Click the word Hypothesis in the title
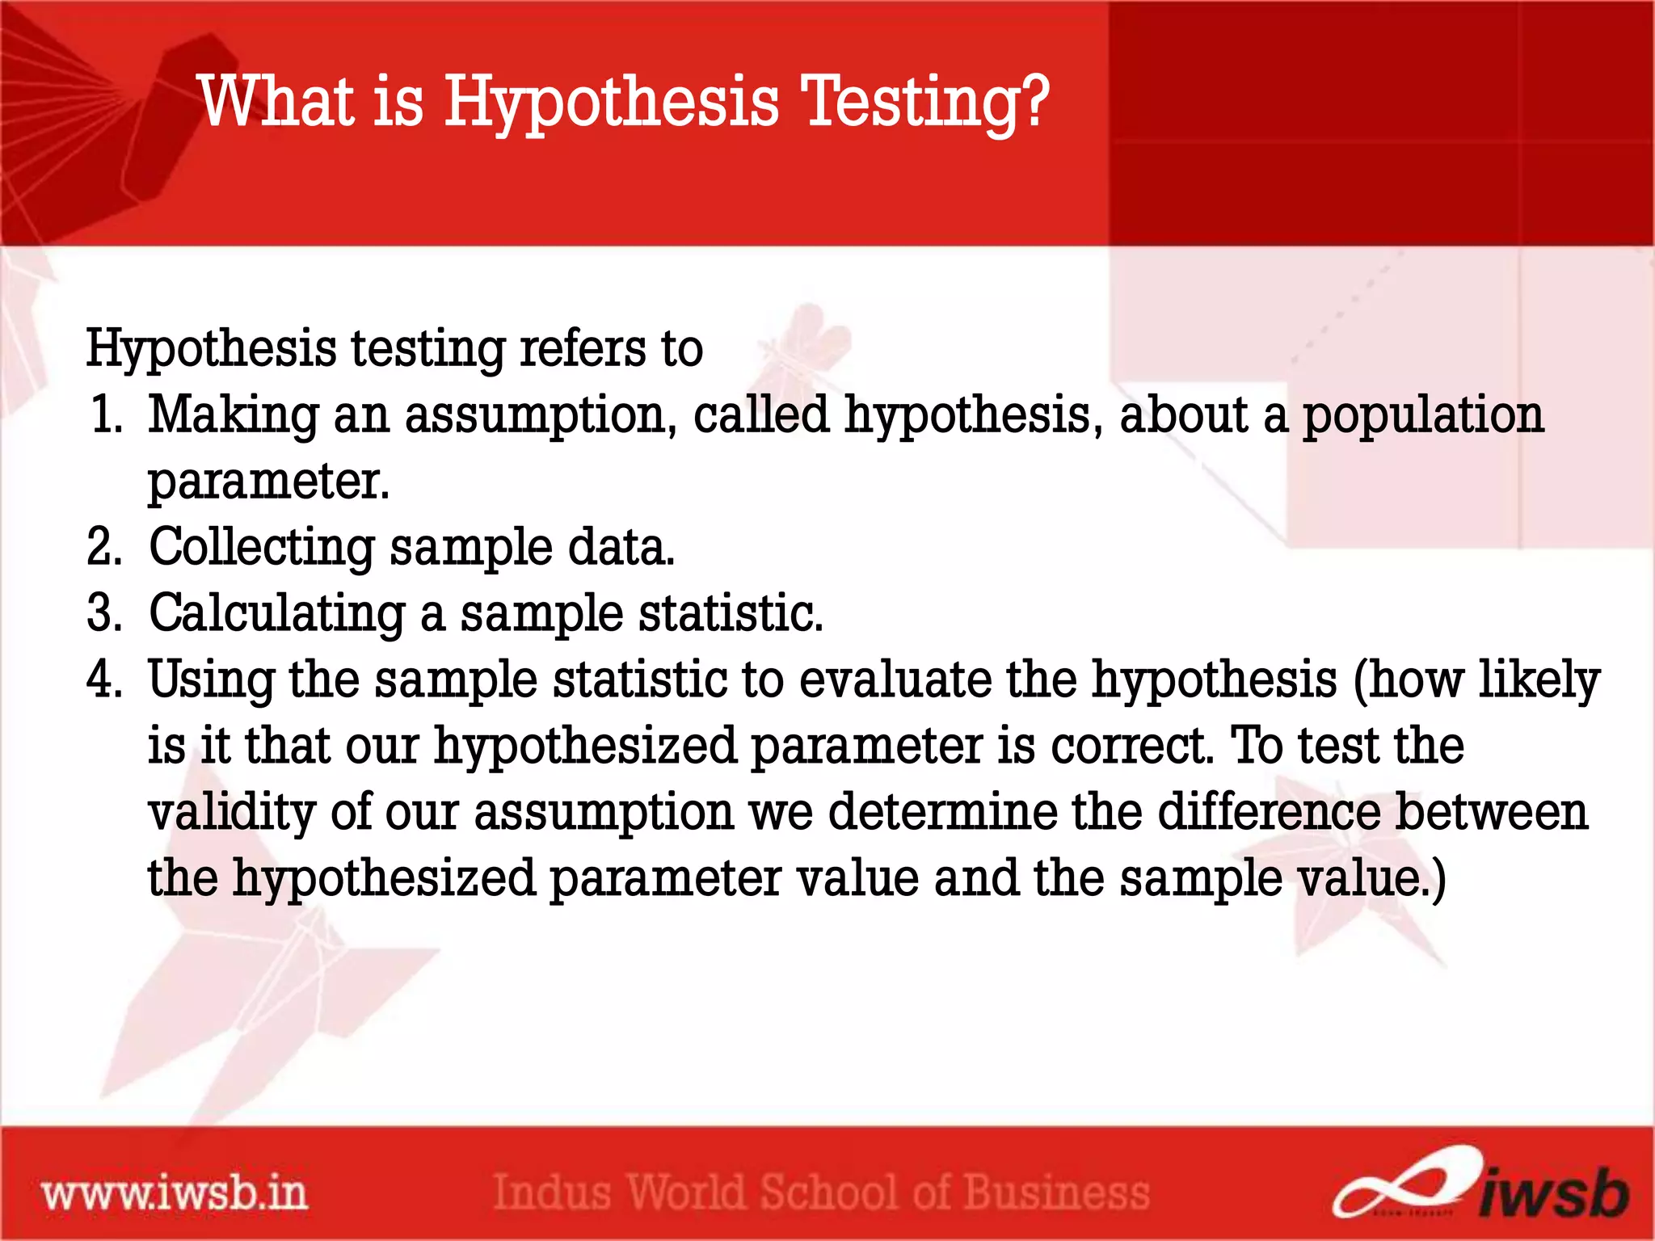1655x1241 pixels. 612,103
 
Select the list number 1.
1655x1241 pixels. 106,414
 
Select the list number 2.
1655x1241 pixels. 104,547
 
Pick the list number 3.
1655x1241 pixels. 104,613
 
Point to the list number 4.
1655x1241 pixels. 104,679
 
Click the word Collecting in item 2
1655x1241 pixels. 262,548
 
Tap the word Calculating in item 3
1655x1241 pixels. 276,614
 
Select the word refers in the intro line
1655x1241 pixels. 582,349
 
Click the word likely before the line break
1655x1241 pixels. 1539,680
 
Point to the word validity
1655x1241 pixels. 231,812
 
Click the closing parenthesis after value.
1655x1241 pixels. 1438,880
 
